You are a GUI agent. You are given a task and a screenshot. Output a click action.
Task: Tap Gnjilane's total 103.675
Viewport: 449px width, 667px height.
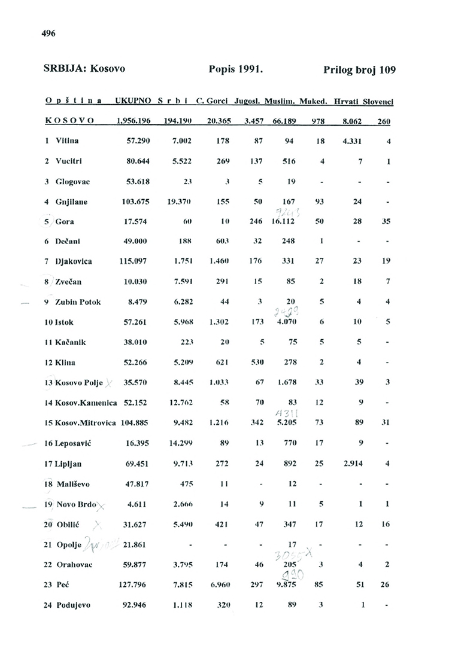click(134, 202)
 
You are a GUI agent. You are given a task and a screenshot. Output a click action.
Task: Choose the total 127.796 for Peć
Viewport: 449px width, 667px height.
click(134, 584)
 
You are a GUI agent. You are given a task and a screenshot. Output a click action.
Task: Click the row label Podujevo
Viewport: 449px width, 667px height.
click(72, 605)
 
